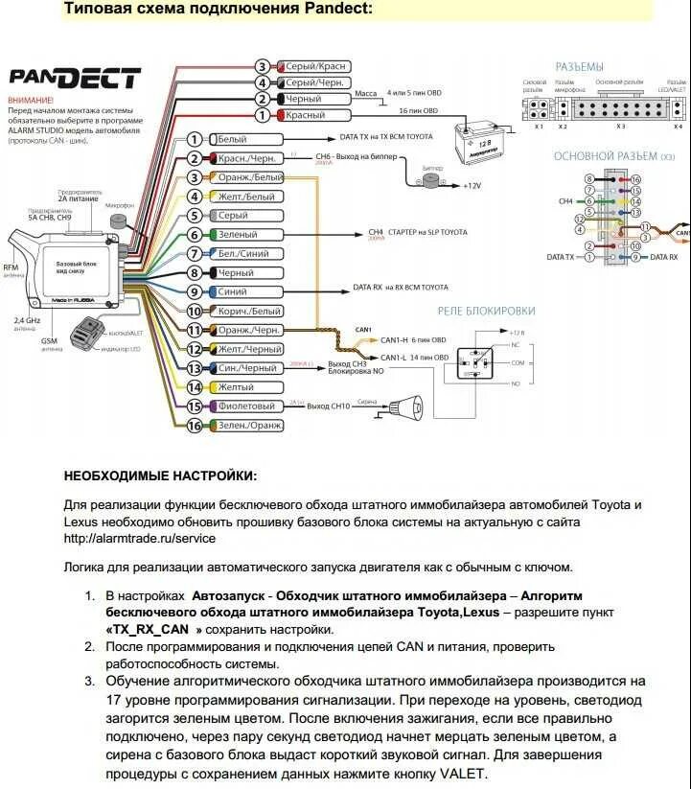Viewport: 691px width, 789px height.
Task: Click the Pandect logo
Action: tap(74, 79)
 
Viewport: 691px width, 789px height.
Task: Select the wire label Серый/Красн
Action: tap(314, 66)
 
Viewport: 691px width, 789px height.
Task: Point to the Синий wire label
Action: tap(232, 291)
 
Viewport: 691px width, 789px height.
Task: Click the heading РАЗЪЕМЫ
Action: tap(579, 66)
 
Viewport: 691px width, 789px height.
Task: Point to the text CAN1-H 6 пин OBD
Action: tap(414, 340)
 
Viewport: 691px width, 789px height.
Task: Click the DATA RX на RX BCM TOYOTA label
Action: tap(400, 287)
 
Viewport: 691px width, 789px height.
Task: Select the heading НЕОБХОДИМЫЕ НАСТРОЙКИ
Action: tap(160, 475)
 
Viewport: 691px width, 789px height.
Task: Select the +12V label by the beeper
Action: tap(472, 185)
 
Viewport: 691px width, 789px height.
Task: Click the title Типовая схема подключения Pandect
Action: tap(219, 10)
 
